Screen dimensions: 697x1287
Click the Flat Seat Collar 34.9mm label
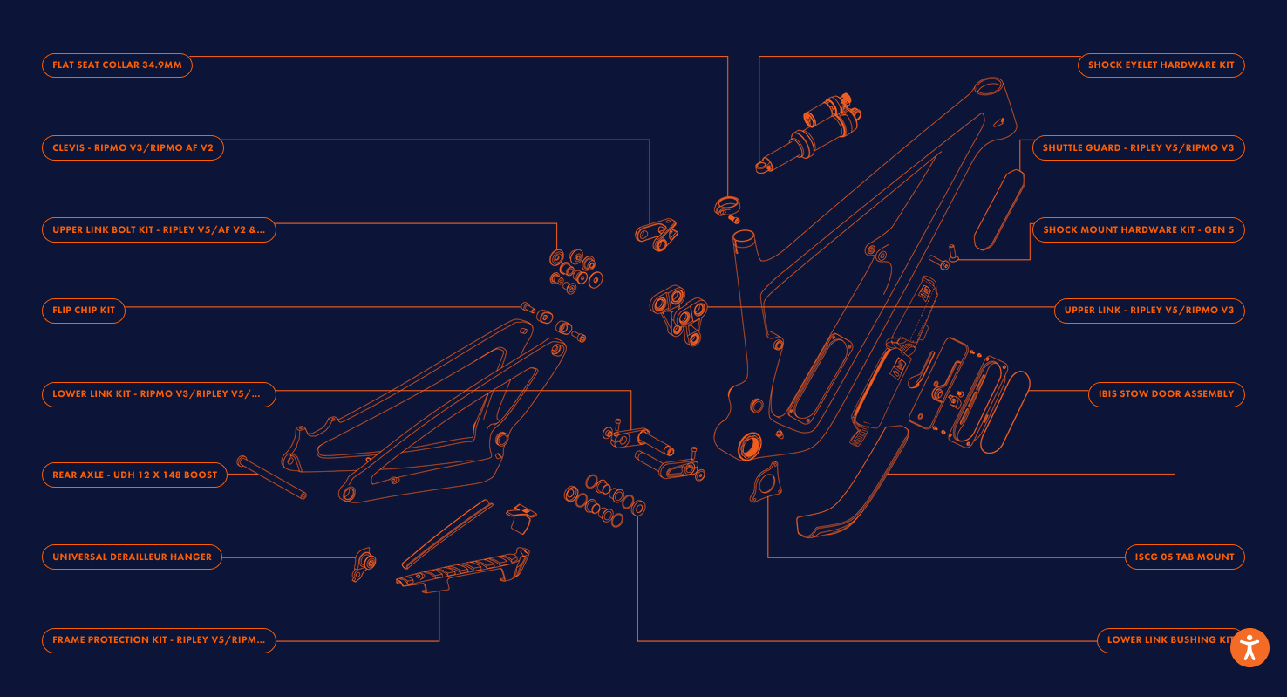click(x=117, y=65)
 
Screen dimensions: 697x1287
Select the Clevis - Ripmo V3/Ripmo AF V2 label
click(x=133, y=148)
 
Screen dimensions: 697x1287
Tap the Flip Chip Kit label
click(x=84, y=311)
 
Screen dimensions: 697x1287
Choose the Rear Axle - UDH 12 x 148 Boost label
click(x=134, y=475)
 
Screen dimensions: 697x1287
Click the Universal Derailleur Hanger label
click(x=132, y=557)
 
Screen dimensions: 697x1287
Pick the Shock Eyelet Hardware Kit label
click(x=1161, y=65)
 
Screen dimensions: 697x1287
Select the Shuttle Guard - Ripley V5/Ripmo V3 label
click(x=1138, y=148)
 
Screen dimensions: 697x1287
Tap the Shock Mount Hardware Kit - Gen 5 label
click(x=1138, y=230)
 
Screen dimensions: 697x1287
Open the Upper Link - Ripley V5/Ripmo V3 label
click(x=1148, y=311)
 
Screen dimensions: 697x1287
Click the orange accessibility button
click(x=1250, y=647)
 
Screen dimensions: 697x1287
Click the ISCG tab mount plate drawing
click(x=764, y=485)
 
